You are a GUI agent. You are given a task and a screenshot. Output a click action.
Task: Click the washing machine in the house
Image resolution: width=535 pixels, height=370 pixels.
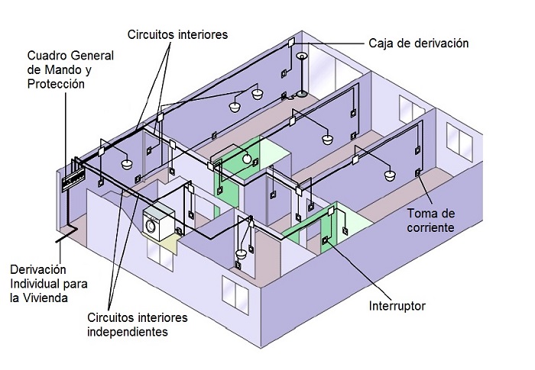click(159, 220)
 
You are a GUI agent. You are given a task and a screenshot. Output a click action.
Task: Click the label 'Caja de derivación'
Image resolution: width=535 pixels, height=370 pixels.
click(418, 43)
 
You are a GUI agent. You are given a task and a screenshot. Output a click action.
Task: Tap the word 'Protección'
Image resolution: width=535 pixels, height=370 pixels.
click(55, 84)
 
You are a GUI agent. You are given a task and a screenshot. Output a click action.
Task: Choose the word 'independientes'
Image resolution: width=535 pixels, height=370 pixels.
click(128, 333)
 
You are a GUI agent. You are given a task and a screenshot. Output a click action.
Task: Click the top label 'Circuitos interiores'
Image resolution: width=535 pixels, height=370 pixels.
click(178, 34)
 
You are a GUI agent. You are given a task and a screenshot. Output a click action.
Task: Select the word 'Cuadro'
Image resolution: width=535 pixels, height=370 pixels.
click(47, 56)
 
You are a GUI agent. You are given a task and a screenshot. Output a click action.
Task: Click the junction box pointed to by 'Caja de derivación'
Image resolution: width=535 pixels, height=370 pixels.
click(291, 43)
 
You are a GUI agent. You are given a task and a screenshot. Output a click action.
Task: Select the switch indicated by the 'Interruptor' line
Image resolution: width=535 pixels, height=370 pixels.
click(326, 243)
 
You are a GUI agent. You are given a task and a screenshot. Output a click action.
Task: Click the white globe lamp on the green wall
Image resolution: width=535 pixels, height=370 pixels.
click(247, 158)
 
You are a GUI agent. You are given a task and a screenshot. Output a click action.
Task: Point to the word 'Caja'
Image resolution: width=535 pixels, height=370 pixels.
click(381, 43)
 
